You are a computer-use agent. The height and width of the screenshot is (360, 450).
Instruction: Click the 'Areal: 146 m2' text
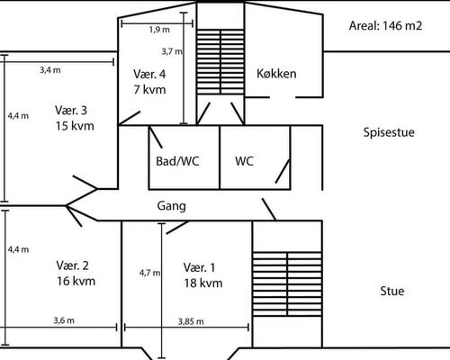[385, 25]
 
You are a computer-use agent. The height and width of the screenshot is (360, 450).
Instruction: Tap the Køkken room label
[276, 73]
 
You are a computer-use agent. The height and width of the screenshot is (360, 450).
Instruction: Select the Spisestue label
[388, 132]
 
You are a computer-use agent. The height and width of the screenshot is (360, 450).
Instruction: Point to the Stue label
[391, 291]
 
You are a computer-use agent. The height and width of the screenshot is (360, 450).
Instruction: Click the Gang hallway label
[171, 205]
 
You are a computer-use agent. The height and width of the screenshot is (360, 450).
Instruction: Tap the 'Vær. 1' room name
[200, 267]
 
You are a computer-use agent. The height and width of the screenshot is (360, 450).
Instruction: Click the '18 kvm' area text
[202, 283]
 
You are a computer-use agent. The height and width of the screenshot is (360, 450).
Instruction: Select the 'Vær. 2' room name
[72, 265]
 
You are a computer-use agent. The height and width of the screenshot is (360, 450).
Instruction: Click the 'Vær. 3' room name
[71, 111]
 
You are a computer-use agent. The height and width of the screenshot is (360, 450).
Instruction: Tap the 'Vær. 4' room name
[149, 74]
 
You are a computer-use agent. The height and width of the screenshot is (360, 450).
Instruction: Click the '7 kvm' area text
[149, 89]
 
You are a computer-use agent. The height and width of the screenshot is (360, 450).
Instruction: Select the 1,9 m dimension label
[159, 29]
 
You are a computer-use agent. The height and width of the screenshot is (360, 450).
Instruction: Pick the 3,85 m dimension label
[190, 321]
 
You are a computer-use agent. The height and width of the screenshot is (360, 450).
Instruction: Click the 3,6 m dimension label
[63, 320]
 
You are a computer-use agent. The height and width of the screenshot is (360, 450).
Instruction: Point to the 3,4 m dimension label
[50, 69]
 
